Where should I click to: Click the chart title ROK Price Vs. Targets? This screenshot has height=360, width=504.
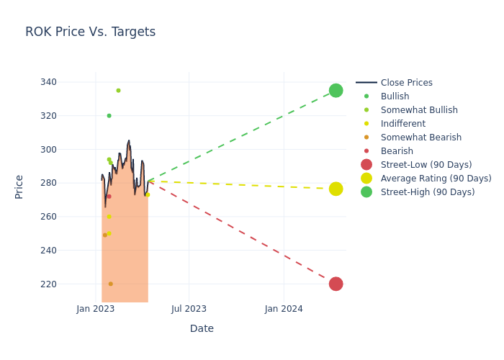click(90, 32)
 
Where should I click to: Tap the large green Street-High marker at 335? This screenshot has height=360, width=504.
click(336, 90)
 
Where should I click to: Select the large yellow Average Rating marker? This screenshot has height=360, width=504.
click(336, 189)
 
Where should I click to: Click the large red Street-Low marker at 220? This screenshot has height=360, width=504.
click(336, 284)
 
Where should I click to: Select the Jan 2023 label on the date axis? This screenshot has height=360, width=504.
click(96, 309)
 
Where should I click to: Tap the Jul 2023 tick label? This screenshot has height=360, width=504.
click(189, 309)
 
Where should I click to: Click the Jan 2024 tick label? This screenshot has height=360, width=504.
click(284, 309)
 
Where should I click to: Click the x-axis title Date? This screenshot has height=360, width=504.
click(202, 328)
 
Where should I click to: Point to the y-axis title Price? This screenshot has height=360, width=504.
click(19, 186)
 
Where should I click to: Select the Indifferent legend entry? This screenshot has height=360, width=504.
click(402, 124)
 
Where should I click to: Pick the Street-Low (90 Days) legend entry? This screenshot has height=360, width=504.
click(426, 165)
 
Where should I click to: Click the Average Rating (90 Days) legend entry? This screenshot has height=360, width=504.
click(436, 179)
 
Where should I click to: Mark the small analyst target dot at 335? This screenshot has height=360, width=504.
click(118, 90)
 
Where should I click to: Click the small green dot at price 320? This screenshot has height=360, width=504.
click(109, 115)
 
